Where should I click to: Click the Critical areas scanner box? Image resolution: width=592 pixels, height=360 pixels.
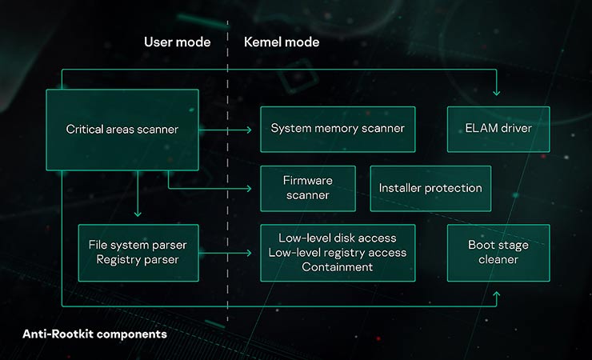pyautogui.click(x=122, y=129)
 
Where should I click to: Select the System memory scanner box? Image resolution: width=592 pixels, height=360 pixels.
pyautogui.click(x=338, y=129)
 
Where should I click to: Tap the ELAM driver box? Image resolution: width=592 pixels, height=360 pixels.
pyautogui.click(x=498, y=129)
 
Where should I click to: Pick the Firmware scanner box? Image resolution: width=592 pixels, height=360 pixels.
pyautogui.click(x=307, y=188)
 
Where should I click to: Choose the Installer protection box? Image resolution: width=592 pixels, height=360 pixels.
pyautogui.click(x=430, y=188)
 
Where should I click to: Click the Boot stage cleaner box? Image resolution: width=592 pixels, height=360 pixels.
pyautogui.click(x=498, y=252)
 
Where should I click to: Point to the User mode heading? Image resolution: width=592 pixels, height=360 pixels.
pyautogui.click(x=177, y=42)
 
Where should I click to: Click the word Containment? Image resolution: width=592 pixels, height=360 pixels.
pyautogui.click(x=337, y=267)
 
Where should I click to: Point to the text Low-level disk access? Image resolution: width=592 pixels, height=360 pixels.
pyautogui.click(x=337, y=238)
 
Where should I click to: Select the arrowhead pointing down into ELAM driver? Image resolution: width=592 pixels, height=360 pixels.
pyautogui.click(x=497, y=93)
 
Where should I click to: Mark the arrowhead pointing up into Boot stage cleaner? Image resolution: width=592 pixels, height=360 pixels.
pyautogui.click(x=497, y=295)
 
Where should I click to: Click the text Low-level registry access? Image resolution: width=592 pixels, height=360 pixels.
pyautogui.click(x=337, y=253)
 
